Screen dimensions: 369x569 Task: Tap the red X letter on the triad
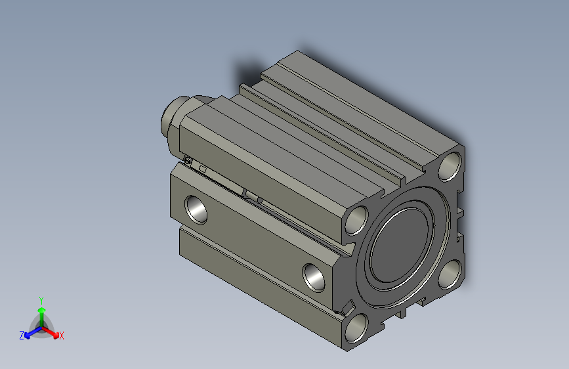(x=61, y=336)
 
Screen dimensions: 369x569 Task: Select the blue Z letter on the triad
(x=22, y=335)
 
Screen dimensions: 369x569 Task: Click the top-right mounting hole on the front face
(x=450, y=166)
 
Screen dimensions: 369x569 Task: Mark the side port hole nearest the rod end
(x=196, y=209)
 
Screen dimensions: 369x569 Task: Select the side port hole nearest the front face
(x=314, y=276)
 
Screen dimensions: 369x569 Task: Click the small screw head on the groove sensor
(x=188, y=160)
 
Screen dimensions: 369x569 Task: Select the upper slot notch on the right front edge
(x=460, y=212)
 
